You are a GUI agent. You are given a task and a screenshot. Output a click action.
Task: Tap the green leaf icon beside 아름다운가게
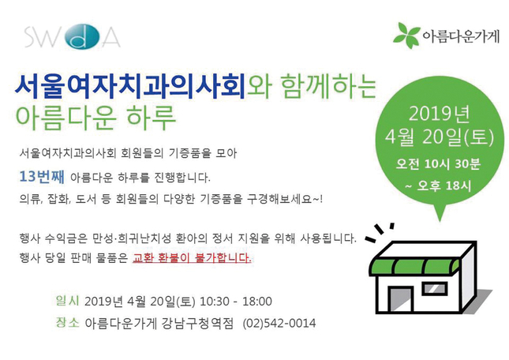pyautogui.click(x=406, y=36)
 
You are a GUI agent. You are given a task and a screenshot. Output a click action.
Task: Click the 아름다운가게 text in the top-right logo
pyautogui.click(x=461, y=36)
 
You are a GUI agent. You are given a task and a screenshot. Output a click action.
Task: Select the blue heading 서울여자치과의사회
pyautogui.click(x=130, y=86)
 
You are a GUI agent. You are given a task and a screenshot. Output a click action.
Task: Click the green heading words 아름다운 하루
pyautogui.click(x=95, y=118)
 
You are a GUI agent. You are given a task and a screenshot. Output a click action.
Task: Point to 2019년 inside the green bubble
pyautogui.click(x=439, y=114)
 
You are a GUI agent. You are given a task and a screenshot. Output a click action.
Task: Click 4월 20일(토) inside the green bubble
pyautogui.click(x=440, y=137)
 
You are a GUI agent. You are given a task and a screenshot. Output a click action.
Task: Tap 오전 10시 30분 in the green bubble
pyautogui.click(x=438, y=164)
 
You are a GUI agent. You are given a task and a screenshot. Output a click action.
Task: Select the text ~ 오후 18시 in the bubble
pyautogui.click(x=438, y=186)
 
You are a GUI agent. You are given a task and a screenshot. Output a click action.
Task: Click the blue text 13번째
pyautogui.click(x=42, y=177)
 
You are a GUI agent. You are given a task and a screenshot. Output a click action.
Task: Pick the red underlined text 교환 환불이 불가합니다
pyautogui.click(x=192, y=257)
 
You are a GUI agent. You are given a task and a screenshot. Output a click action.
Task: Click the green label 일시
pyautogui.click(x=67, y=301)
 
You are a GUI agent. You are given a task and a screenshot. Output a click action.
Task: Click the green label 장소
pyautogui.click(x=67, y=322)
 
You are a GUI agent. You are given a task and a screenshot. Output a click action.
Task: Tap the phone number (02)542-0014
pyautogui.click(x=279, y=324)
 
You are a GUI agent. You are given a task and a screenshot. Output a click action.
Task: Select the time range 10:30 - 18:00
pyautogui.click(x=236, y=302)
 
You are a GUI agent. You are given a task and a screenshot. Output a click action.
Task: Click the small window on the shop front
pyautogui.click(x=435, y=289)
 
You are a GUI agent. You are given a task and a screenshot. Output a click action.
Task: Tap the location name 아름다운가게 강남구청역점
pyautogui.click(x=159, y=324)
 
